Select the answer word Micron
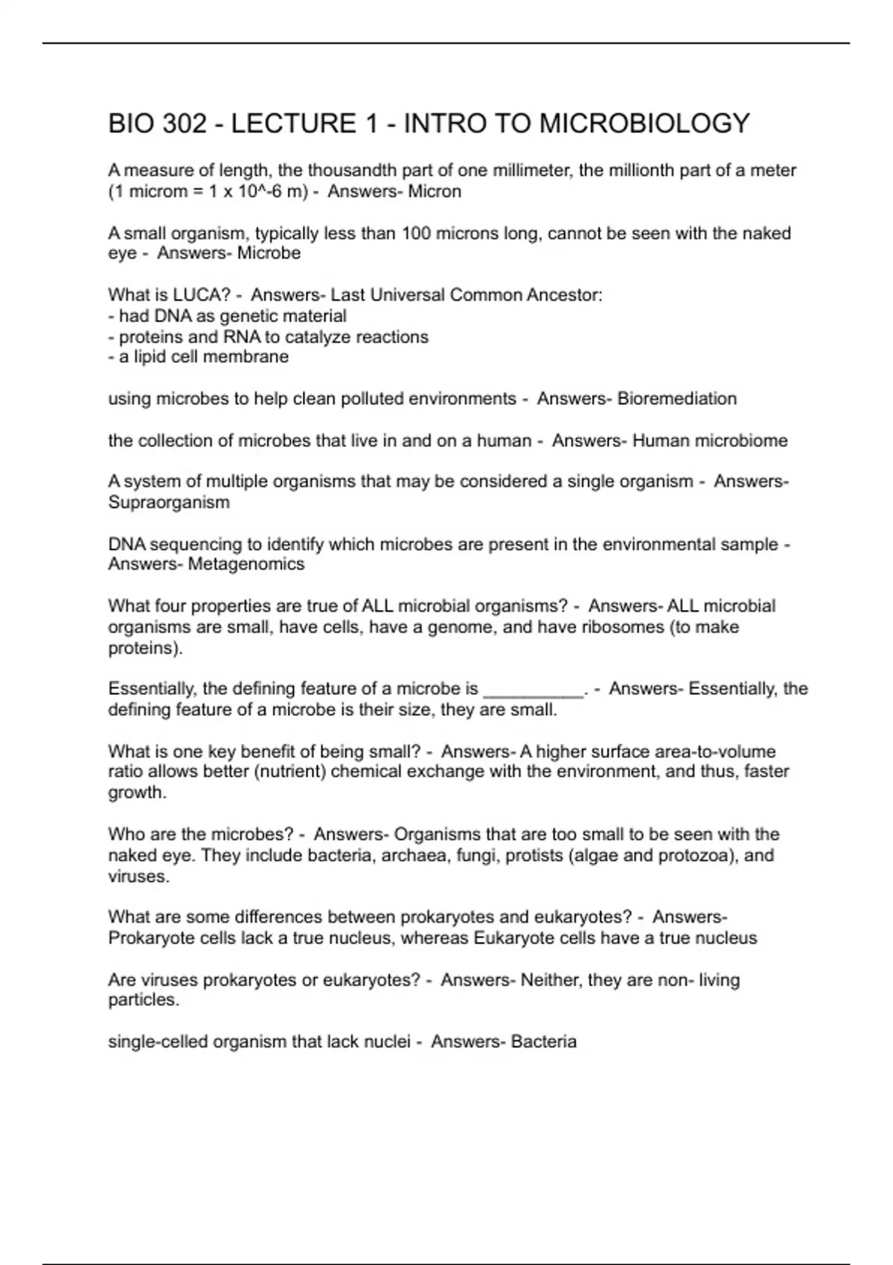click(x=435, y=191)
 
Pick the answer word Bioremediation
click(x=677, y=398)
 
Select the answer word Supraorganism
click(x=169, y=502)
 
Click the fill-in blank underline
click(x=534, y=690)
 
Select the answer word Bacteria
click(x=544, y=1041)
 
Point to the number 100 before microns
click(x=417, y=233)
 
